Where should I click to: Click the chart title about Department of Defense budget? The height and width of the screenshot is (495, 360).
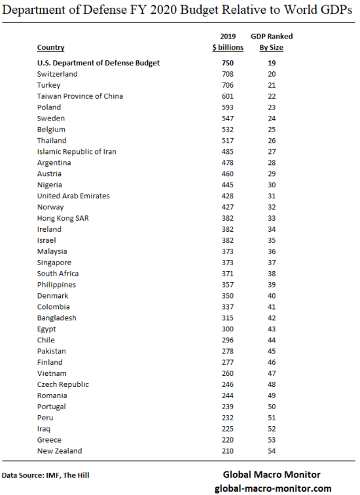pos(179,9)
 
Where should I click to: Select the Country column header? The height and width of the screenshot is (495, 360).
pos(50,47)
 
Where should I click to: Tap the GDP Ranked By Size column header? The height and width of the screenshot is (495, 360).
pos(272,42)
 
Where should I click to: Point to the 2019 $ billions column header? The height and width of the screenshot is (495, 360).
pos(228,42)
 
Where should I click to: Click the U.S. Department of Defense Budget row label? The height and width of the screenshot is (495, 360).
pos(99,63)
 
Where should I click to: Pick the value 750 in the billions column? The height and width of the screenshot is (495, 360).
pos(228,63)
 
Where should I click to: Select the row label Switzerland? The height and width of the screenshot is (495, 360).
pos(57,74)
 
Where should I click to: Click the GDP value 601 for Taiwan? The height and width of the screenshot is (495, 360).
pos(228,96)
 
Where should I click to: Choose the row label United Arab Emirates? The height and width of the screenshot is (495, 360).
pos(73,196)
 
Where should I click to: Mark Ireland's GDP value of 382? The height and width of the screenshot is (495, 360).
pos(228,229)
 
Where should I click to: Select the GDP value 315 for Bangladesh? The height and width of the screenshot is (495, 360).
pos(228,318)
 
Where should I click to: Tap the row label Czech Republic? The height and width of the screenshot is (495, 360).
pos(63,384)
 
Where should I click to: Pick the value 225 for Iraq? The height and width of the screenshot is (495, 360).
pos(228,429)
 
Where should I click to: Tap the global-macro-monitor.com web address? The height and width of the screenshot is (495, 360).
pos(273,488)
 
